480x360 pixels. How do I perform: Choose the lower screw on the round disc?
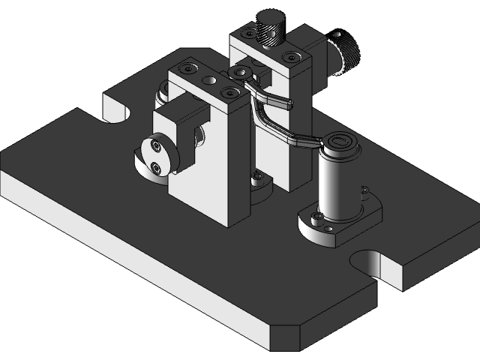[155, 166]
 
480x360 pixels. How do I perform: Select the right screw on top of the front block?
[226, 91]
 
